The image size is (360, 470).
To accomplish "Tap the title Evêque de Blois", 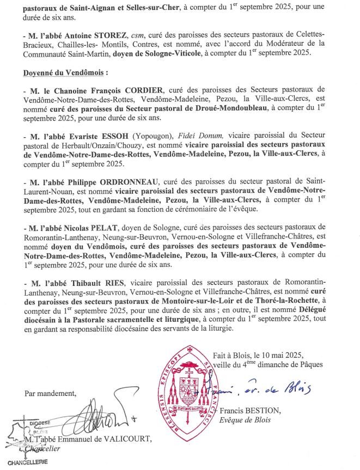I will (x=245, y=420).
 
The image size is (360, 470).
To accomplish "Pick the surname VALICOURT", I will (x=120, y=440).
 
